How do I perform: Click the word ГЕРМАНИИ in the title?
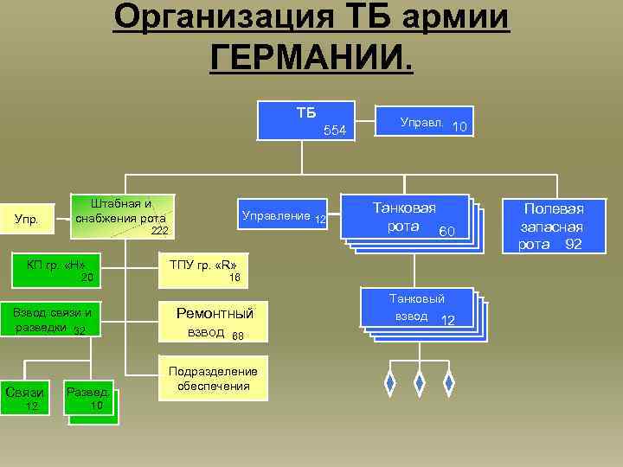click(311, 59)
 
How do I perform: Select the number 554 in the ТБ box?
click(335, 131)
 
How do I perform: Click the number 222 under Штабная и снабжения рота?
click(159, 231)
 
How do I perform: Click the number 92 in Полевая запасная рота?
click(573, 245)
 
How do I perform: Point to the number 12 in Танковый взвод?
click(448, 321)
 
